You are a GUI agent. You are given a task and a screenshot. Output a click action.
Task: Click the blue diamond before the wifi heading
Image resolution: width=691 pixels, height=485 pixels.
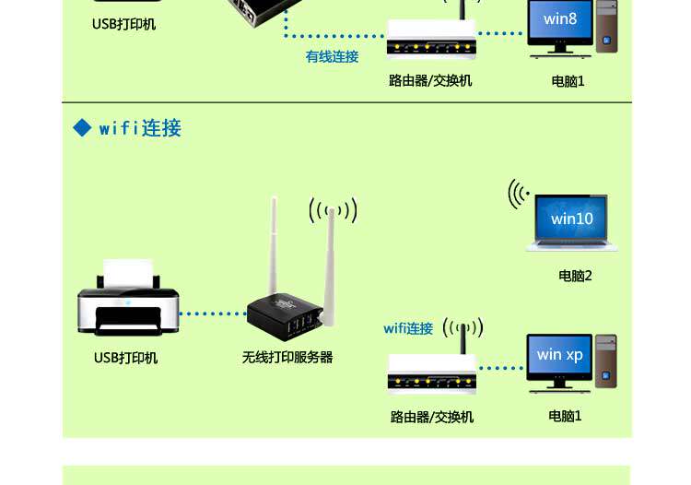(83, 128)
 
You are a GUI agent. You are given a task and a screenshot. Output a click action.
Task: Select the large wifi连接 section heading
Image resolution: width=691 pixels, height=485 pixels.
(140, 128)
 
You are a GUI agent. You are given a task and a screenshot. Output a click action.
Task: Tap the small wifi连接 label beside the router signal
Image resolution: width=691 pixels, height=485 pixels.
(408, 328)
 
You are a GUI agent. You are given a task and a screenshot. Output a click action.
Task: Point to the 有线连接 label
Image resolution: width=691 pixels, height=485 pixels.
(332, 57)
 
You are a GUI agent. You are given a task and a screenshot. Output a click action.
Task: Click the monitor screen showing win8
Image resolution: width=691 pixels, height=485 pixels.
(560, 20)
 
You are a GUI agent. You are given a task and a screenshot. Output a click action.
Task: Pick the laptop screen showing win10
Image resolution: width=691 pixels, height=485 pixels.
(572, 219)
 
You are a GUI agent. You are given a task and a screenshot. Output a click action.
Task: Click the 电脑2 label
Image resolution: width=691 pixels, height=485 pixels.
(575, 276)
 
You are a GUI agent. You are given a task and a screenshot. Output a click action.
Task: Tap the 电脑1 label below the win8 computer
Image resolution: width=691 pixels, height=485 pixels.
(568, 81)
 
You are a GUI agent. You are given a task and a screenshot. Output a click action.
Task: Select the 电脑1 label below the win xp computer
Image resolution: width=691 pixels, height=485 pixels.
(565, 416)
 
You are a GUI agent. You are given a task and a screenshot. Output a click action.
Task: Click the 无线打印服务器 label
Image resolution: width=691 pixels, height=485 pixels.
(287, 357)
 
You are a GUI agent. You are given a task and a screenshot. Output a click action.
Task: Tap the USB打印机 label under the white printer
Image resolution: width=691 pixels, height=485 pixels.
(125, 358)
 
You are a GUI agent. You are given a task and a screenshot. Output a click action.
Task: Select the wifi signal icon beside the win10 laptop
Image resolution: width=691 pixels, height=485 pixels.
(520, 194)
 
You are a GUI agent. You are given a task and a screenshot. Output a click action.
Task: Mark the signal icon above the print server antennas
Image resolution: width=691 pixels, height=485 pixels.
(333, 211)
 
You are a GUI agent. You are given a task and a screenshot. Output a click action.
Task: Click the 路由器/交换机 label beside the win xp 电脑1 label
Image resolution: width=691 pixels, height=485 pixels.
(432, 417)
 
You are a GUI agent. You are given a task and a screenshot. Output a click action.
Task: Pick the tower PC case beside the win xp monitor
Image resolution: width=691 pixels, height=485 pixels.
(605, 361)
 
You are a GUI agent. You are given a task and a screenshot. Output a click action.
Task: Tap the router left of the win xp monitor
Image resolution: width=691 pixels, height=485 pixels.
(431, 372)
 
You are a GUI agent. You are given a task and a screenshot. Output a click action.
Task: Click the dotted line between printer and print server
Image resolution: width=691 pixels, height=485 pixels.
(213, 313)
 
